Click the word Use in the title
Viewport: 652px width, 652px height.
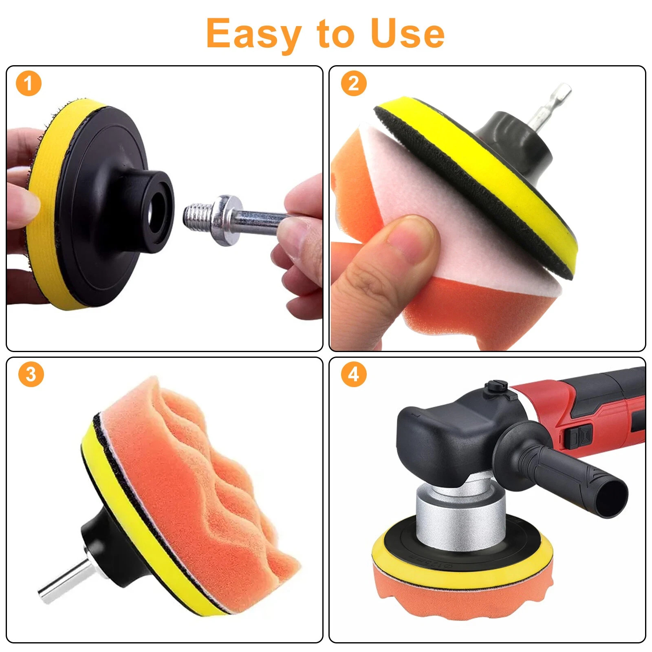[407, 33]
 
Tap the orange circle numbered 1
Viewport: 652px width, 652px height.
[29, 84]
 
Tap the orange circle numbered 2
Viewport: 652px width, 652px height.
[353, 84]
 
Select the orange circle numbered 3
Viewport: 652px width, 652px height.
[31, 374]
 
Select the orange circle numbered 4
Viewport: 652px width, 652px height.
[353, 374]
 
